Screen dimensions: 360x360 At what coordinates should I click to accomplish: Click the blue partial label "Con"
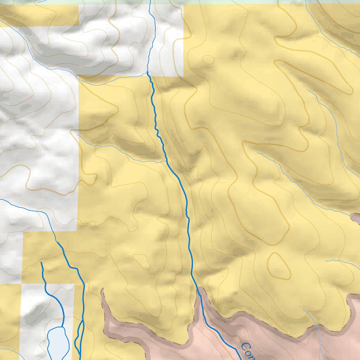247,352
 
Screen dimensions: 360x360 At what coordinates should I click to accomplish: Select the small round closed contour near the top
208,60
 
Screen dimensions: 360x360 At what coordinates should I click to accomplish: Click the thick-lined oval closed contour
279,266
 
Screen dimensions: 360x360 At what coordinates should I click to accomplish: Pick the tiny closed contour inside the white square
34,309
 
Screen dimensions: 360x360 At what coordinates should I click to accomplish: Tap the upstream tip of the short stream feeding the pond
41,262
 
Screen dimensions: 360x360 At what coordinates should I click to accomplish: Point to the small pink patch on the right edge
356,218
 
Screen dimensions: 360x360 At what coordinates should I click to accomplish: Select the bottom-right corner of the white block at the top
183,76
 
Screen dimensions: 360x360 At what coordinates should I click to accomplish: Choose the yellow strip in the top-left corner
39,16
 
